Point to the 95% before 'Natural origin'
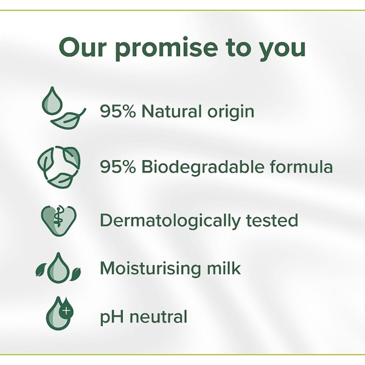point(116,112)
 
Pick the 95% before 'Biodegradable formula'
point(116,167)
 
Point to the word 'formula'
point(303,167)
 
